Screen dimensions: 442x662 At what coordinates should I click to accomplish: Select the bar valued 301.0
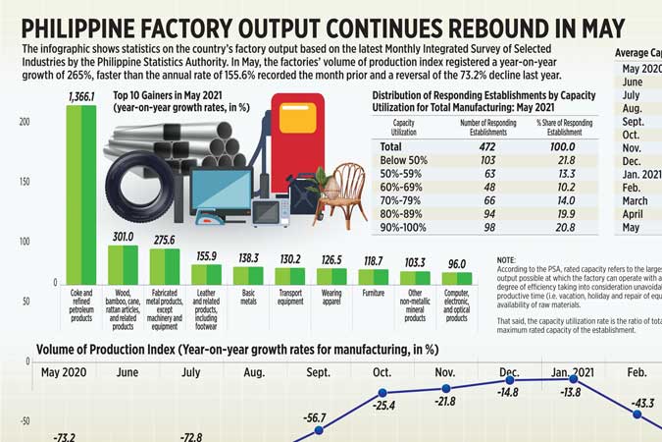click(x=123, y=264)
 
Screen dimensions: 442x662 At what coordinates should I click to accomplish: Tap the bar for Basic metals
click(x=248, y=275)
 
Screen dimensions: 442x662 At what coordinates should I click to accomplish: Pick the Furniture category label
click(x=374, y=292)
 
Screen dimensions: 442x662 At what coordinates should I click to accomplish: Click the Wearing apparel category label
click(x=331, y=297)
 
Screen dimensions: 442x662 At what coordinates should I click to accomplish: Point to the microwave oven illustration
click(x=270, y=210)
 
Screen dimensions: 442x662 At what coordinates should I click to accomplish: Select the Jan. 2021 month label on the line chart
click(x=571, y=372)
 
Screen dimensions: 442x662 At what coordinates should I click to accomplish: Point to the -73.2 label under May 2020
click(x=65, y=435)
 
